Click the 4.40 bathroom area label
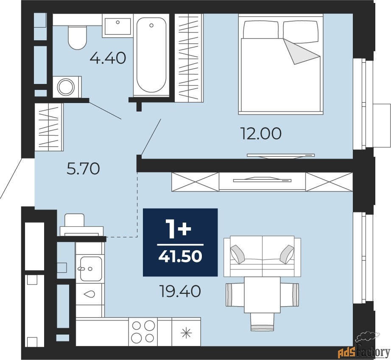(108, 59)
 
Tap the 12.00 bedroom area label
(260, 134)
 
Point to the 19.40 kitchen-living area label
(180, 291)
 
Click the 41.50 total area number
(180, 256)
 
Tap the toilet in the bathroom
(77, 37)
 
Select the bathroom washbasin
(117, 26)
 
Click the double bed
(281, 64)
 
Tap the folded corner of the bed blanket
(301, 52)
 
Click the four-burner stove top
(143, 332)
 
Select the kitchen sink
(91, 268)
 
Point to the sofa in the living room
(262, 257)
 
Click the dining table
(262, 295)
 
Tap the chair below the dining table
(262, 322)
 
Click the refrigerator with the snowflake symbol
(186, 332)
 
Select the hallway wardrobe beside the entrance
(49, 127)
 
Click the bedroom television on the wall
(281, 156)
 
